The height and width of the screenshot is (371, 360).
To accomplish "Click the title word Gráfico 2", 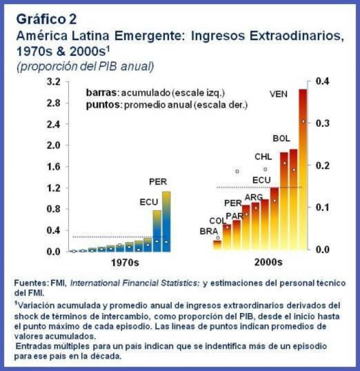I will pyautogui.click(x=46, y=19).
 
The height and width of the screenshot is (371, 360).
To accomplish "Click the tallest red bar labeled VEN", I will pyautogui.click(x=302, y=170).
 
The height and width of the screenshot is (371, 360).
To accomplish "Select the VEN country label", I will pyautogui.click(x=279, y=93).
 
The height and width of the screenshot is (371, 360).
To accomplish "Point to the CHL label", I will pyautogui.click(x=263, y=157).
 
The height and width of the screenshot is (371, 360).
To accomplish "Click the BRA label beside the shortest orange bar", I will pyautogui.click(x=208, y=231).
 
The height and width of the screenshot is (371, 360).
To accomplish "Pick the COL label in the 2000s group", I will pyautogui.click(x=217, y=220).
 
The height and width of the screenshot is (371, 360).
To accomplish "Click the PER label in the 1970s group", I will pyautogui.click(x=158, y=181).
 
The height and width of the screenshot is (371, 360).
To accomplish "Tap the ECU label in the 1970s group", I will pyautogui.click(x=148, y=202).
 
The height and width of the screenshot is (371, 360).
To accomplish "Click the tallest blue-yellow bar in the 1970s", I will pyautogui.click(x=166, y=221).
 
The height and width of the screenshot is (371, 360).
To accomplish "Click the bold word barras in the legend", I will pyautogui.click(x=101, y=93).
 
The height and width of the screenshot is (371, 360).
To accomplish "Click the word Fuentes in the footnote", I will pyautogui.click(x=31, y=283).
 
